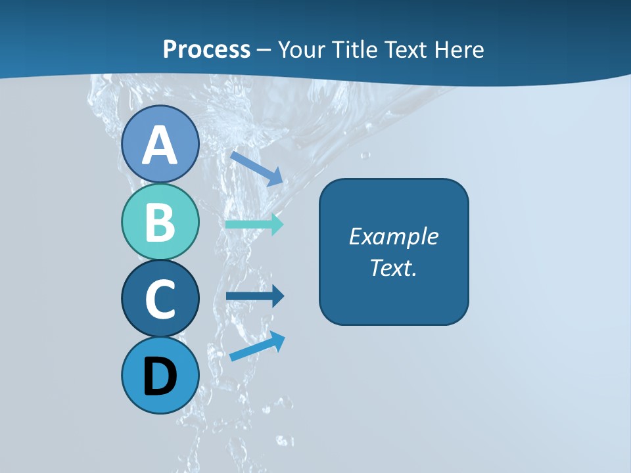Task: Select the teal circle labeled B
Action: (x=160, y=221)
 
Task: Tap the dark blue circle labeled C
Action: (x=160, y=298)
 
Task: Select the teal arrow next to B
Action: (x=254, y=224)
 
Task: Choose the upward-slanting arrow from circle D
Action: (x=257, y=346)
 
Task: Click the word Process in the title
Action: (x=206, y=49)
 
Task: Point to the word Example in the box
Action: (x=394, y=236)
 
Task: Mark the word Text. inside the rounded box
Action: (x=394, y=267)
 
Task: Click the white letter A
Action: (x=160, y=146)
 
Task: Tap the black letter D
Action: (x=160, y=377)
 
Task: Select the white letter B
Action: (x=160, y=222)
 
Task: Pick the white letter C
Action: (x=160, y=300)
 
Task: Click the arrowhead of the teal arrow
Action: (x=277, y=224)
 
